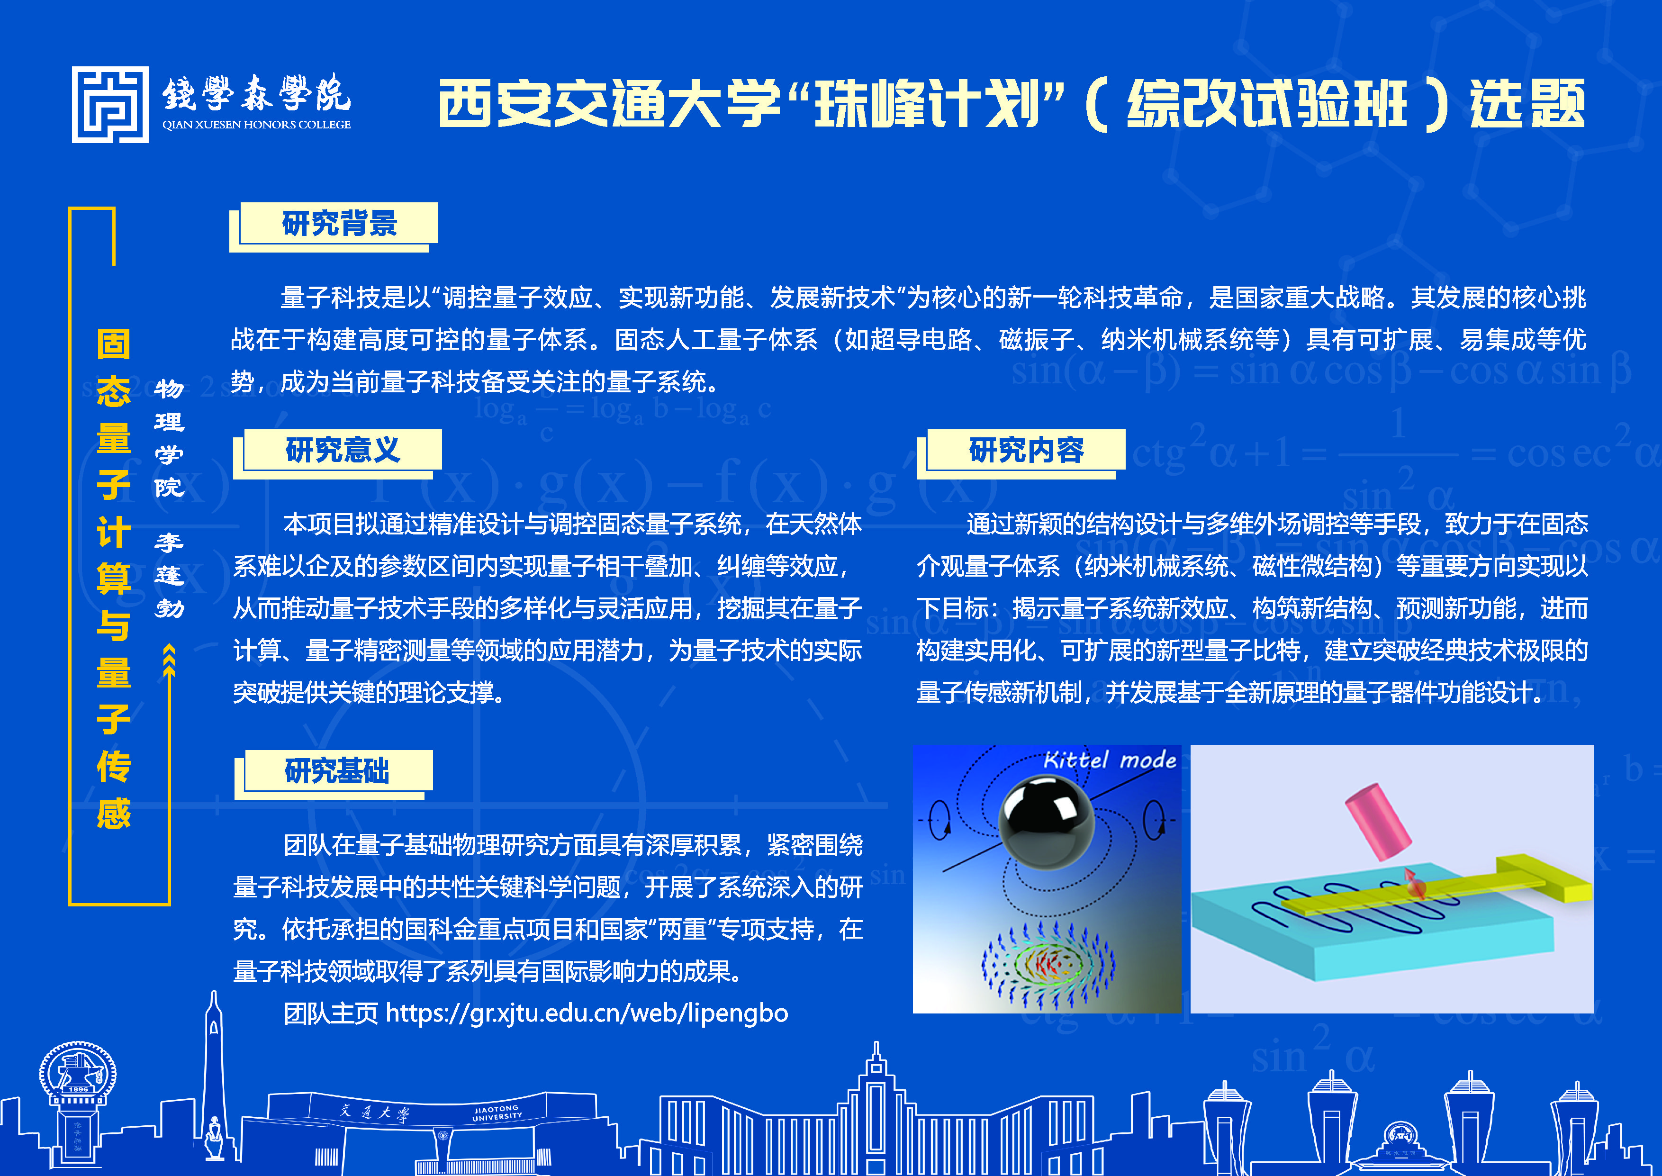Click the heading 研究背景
pos(340,223)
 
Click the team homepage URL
pos(587,1013)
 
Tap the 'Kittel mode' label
pos(1110,760)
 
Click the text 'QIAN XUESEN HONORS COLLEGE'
pos(256,125)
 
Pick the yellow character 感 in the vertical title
pos(114,813)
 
